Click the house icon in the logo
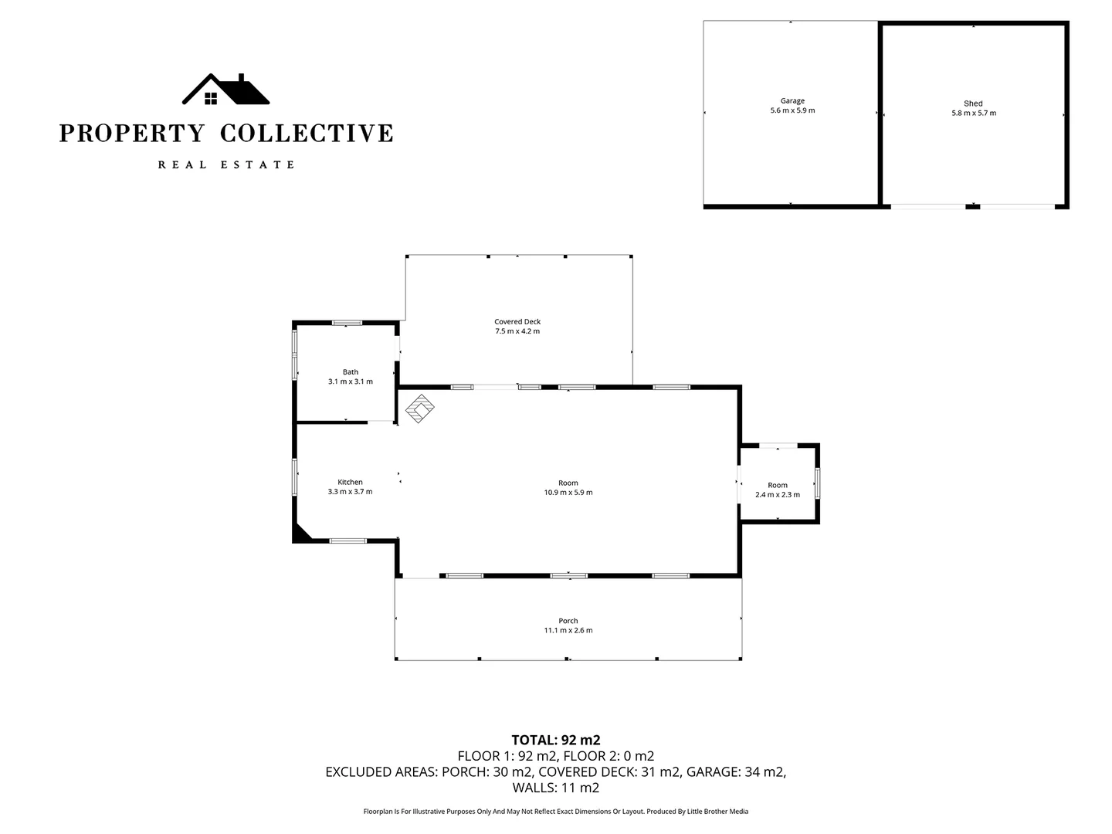pos(225,90)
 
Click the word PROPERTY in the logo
pos(131,133)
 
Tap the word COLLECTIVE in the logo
pos(307,133)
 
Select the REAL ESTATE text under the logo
pos(225,164)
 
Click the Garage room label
pos(792,100)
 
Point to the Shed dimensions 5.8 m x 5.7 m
pos(973,113)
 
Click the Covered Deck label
pos(517,321)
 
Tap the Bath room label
pos(351,371)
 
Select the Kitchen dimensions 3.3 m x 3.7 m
pos(350,492)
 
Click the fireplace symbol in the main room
pos(420,409)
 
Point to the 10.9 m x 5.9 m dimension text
pos(568,493)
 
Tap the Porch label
pos(568,620)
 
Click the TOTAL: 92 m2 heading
pos(556,739)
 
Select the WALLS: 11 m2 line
pos(556,788)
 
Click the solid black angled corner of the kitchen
pos(300,534)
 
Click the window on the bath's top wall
pos(347,322)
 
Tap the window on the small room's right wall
pos(818,483)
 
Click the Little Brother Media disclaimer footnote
pos(556,812)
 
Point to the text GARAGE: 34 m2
pos(735,771)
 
